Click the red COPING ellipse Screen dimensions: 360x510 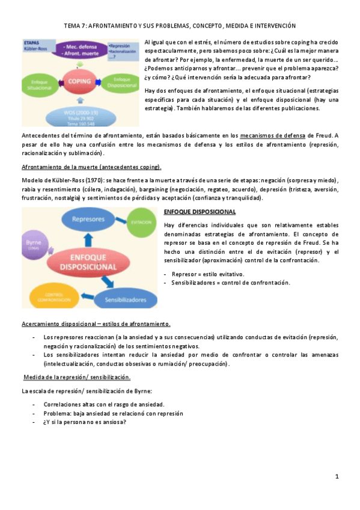coord(79,81)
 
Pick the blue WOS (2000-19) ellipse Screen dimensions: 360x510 coord(80,114)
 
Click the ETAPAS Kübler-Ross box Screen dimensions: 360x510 coord(35,46)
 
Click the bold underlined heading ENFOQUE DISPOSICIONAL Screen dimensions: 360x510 coord(200,212)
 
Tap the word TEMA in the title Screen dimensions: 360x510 coord(72,26)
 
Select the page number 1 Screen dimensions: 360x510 coord(337,476)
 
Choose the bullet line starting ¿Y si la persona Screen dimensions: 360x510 coord(85,422)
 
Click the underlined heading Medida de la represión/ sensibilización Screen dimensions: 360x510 coord(77,377)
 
